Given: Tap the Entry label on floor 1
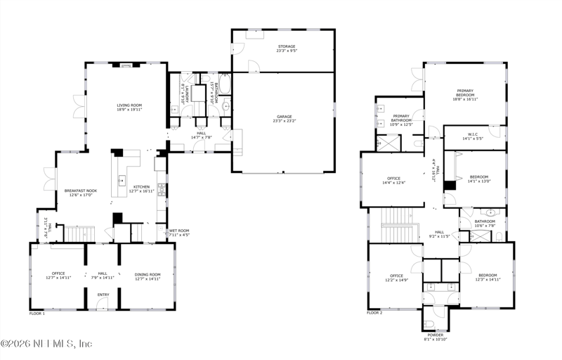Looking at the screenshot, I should pos(103,295).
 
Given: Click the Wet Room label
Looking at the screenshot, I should pos(179,232).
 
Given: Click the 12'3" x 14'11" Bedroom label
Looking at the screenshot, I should pos(488,277).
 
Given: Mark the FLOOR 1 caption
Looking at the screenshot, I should pos(37,314).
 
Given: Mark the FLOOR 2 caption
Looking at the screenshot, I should pos(374,312).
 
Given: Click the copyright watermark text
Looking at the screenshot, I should pos(46,344).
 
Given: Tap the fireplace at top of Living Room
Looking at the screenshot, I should pos(126,65).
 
